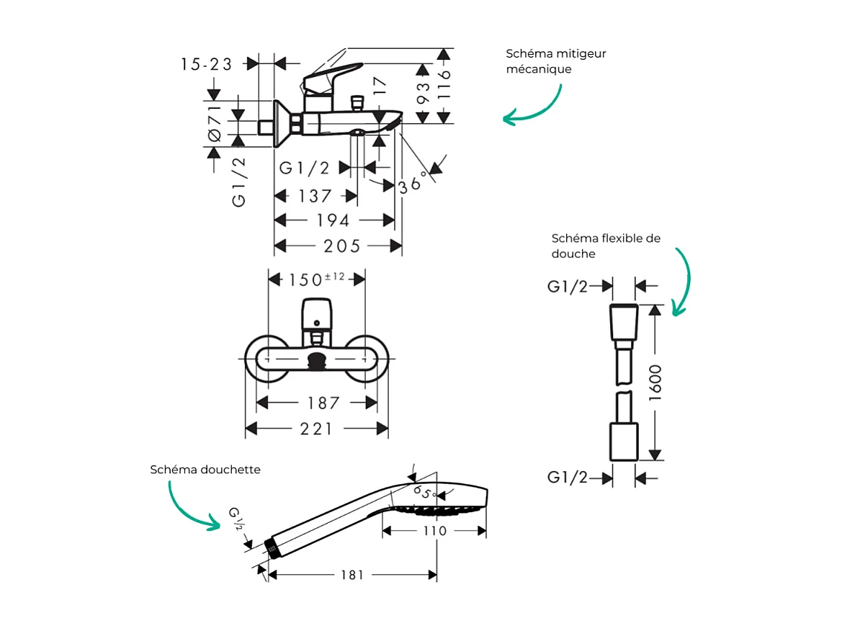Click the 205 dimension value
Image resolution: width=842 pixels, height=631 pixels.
tap(341, 246)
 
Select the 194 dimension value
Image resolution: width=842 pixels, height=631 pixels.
tap(333, 220)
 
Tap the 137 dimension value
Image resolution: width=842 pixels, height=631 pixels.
tap(315, 196)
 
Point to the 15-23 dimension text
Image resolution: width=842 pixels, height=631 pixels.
tap(207, 64)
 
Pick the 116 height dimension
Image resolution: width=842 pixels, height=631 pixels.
tap(444, 85)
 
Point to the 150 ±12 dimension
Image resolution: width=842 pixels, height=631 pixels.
tap(317, 279)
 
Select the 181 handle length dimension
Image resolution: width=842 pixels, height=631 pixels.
tap(351, 575)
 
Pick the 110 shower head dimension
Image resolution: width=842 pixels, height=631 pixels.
tap(434, 531)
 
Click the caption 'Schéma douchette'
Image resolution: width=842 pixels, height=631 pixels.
tap(205, 470)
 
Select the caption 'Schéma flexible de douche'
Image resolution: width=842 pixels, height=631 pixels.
tap(605, 246)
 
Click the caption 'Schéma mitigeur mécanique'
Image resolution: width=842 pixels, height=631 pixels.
tap(555, 61)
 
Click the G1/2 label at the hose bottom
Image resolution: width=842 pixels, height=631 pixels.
tap(568, 478)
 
